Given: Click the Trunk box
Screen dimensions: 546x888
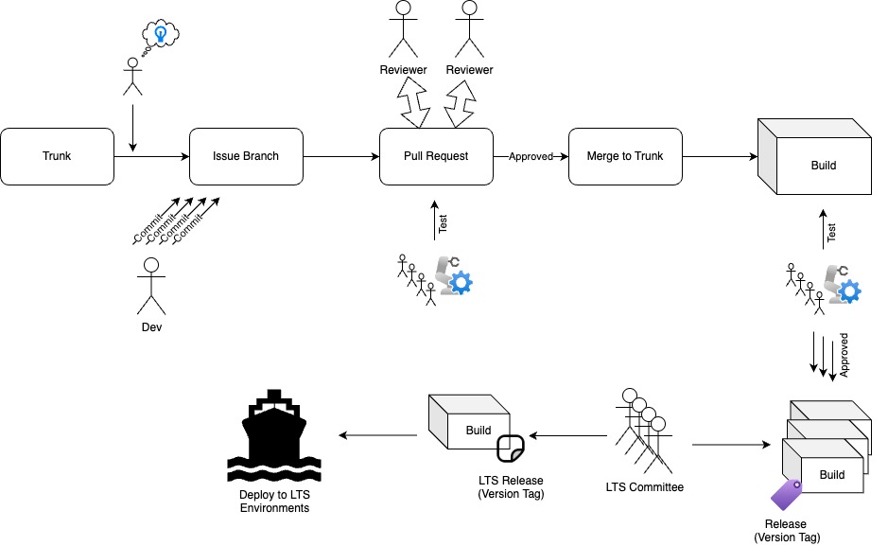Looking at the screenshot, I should coord(57,156).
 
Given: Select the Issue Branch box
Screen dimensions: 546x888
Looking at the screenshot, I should coord(246,156).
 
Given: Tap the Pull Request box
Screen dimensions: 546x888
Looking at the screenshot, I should coord(435,156).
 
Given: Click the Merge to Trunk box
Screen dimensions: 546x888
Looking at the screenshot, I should coord(624,156).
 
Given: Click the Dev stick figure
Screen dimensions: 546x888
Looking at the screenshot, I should coord(151,284).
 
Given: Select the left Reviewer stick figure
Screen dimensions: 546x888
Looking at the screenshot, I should coord(404,28).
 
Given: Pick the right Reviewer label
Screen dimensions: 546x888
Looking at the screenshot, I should coord(469,70).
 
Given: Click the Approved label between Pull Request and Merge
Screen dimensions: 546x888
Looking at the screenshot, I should coord(530,157).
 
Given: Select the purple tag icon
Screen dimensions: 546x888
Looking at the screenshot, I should coord(785,494).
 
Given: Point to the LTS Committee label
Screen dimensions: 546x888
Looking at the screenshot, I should coord(644,488).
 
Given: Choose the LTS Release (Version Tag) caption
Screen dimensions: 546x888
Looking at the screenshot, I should coord(512,486).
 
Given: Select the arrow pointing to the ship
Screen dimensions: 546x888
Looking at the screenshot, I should coord(378,436).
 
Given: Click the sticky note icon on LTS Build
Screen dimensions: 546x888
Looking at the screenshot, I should coord(511,446).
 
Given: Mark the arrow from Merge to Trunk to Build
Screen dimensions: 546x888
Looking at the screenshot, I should coord(719,156).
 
